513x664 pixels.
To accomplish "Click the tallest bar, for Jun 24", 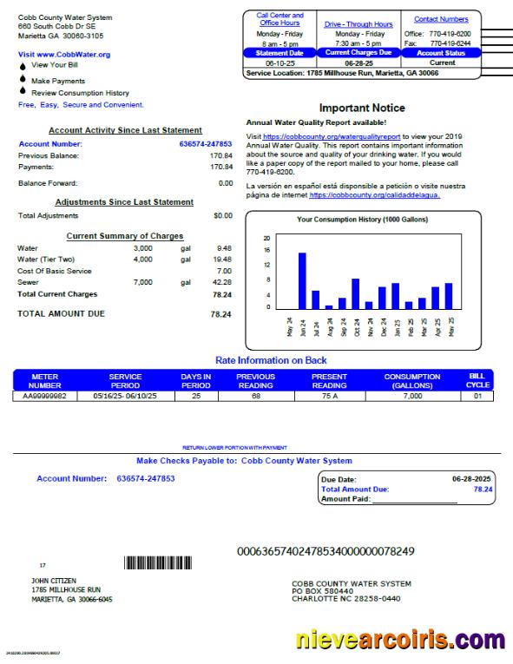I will tap(302, 280).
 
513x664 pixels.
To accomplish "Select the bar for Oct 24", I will tap(355, 293).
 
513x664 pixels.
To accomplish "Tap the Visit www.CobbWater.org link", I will tap(64, 54).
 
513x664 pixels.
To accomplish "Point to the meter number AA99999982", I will tap(44, 396).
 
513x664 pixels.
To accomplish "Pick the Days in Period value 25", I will tap(195, 396).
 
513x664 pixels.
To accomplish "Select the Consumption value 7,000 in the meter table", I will tap(412, 396).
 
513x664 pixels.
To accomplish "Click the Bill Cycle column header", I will tap(477, 380).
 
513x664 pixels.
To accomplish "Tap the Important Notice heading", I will tap(362, 108).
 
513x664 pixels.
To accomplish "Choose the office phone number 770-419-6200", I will tap(451, 33).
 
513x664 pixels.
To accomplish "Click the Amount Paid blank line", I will tap(426, 499).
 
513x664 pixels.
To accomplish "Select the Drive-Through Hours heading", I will tap(358, 24).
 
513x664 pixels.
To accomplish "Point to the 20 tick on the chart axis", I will tap(267, 239).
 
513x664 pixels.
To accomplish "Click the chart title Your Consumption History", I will tap(362, 220).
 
